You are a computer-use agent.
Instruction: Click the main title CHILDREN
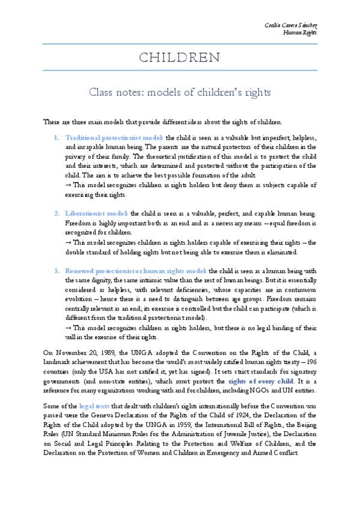180,58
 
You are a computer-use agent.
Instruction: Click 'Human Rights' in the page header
300,32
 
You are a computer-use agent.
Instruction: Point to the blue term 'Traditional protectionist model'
114,137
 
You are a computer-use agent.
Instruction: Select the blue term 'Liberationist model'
97,214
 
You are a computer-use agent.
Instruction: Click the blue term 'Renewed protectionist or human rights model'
136,271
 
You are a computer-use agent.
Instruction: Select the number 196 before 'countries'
310,361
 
